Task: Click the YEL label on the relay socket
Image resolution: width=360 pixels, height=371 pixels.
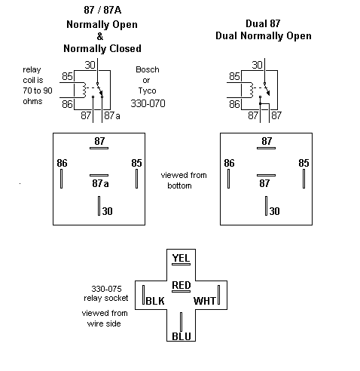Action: point(181,258)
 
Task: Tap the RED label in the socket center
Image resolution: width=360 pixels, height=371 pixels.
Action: point(182,285)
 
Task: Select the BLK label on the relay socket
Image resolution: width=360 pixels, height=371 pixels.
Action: point(155,301)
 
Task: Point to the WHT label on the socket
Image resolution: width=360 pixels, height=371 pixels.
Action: point(205,301)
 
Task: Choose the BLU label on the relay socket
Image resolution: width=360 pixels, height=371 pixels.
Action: point(182,336)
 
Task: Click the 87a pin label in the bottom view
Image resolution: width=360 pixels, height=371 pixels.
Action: point(100,183)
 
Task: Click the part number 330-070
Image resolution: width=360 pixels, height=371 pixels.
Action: point(148,103)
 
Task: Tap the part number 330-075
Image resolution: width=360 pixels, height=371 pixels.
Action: point(106,289)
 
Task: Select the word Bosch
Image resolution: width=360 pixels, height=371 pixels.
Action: point(148,69)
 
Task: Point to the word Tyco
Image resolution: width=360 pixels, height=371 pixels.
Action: point(147,90)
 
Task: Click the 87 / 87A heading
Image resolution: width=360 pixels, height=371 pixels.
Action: point(102,10)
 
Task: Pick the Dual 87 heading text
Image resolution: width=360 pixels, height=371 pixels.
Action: point(263,23)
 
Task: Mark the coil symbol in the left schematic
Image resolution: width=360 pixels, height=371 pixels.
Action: point(84,90)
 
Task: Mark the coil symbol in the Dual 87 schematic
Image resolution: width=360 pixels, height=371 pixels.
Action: point(252,90)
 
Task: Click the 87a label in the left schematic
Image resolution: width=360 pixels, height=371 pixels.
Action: point(112,115)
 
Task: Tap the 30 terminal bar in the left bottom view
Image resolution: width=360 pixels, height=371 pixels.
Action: point(99,206)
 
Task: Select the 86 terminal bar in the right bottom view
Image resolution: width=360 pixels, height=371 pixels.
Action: point(228,179)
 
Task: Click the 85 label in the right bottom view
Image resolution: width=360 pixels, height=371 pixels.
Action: point(304,163)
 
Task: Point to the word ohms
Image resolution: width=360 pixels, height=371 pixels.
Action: point(32,101)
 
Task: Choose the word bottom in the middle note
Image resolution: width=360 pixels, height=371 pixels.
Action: point(179,185)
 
